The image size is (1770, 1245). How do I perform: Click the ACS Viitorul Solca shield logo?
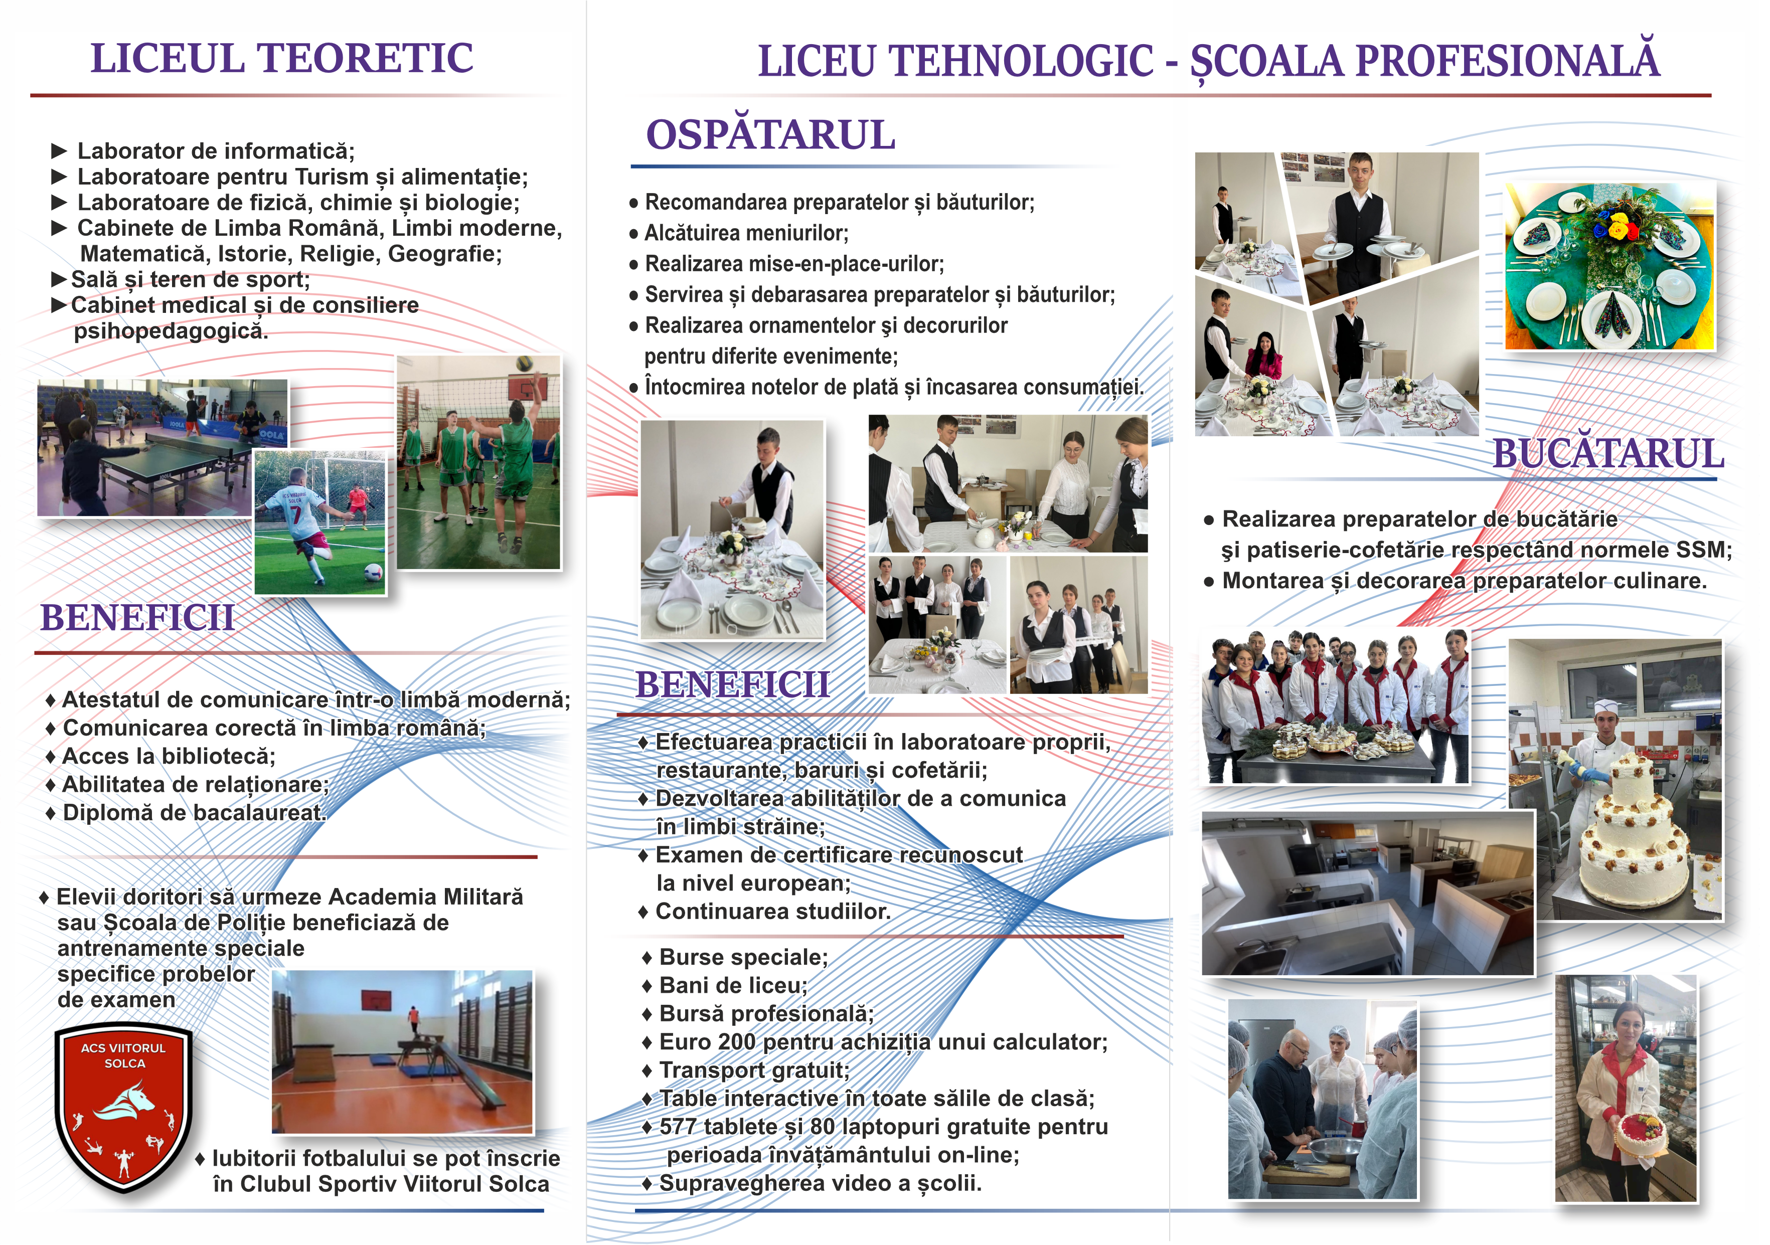pyautogui.click(x=124, y=1108)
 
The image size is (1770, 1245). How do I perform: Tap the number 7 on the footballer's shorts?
pyautogui.click(x=295, y=514)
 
